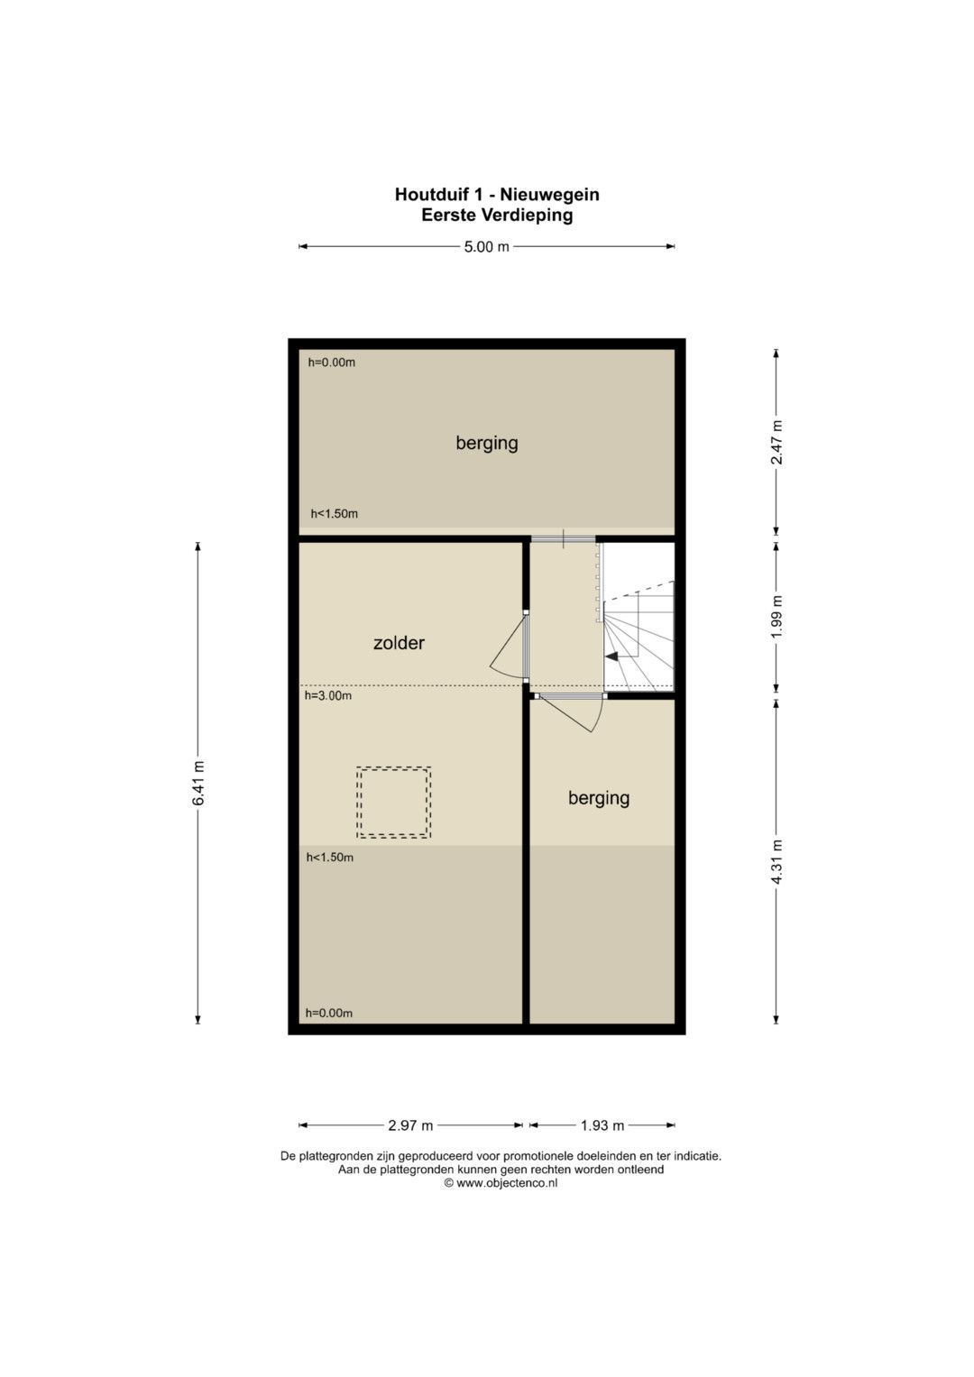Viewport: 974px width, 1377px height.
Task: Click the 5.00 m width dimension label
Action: point(486,246)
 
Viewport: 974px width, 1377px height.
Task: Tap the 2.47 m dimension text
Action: point(776,443)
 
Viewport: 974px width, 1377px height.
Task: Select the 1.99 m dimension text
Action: point(776,617)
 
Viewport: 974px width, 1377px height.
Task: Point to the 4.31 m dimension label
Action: point(776,862)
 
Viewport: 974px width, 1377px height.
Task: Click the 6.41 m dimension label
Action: point(198,783)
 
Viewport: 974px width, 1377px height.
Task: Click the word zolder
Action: point(399,643)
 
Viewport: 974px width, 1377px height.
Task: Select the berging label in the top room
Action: point(487,444)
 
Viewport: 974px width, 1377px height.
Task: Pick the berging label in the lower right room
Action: point(599,799)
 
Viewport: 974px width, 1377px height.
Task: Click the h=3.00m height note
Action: point(328,696)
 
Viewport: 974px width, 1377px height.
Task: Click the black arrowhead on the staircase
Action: point(611,656)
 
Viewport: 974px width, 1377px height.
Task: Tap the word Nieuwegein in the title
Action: point(550,195)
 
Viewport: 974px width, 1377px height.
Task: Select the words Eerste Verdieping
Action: point(497,216)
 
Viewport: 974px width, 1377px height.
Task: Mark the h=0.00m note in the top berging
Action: point(332,363)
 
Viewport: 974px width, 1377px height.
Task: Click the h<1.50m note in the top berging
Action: point(334,514)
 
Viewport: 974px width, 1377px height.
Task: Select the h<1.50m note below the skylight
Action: point(329,858)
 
